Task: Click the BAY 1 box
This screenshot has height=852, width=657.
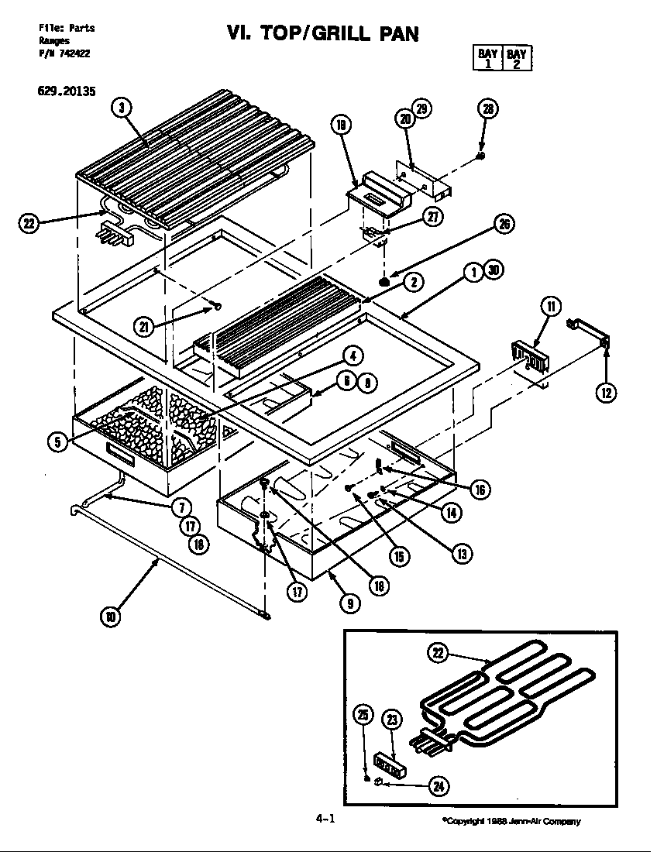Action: pyautogui.click(x=487, y=59)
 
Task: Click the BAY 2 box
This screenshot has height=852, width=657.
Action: pyautogui.click(x=516, y=59)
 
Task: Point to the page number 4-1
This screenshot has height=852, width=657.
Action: pyautogui.click(x=326, y=819)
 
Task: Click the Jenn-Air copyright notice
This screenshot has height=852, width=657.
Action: pyautogui.click(x=511, y=822)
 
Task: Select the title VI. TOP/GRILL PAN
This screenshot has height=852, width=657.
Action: pyautogui.click(x=322, y=34)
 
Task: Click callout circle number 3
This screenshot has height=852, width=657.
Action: pyautogui.click(x=121, y=108)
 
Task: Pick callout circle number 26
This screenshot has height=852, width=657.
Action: pyautogui.click(x=504, y=225)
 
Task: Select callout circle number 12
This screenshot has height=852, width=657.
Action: pyautogui.click(x=606, y=393)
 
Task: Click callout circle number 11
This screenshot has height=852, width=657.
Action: pyautogui.click(x=551, y=306)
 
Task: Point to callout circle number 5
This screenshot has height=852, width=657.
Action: pyautogui.click(x=56, y=441)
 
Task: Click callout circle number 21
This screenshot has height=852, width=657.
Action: pyautogui.click(x=143, y=327)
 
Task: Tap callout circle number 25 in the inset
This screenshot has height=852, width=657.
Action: pyautogui.click(x=363, y=716)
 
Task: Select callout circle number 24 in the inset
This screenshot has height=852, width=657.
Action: pyautogui.click(x=439, y=785)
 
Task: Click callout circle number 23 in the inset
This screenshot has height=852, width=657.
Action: pyautogui.click(x=393, y=720)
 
